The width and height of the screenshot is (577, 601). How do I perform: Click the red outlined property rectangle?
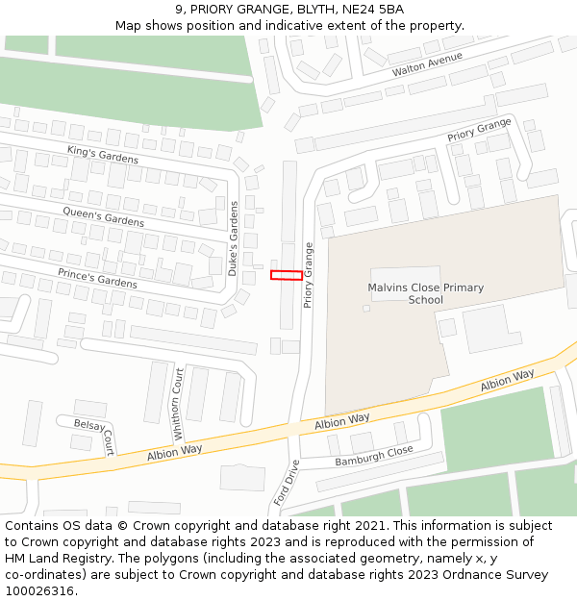coord(287,275)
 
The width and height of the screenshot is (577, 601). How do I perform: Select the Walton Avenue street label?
coord(427,65)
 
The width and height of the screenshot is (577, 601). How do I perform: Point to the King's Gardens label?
coord(103,154)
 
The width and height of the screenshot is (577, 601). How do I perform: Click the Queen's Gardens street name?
coord(103,216)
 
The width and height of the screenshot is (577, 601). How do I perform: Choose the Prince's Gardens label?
coord(97,279)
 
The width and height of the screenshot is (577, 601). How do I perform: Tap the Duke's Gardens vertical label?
coord(233,238)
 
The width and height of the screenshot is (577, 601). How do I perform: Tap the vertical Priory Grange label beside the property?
coord(309,274)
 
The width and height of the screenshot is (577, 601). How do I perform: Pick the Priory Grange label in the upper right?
coord(479,131)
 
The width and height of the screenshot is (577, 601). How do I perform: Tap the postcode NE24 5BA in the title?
coord(372,10)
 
